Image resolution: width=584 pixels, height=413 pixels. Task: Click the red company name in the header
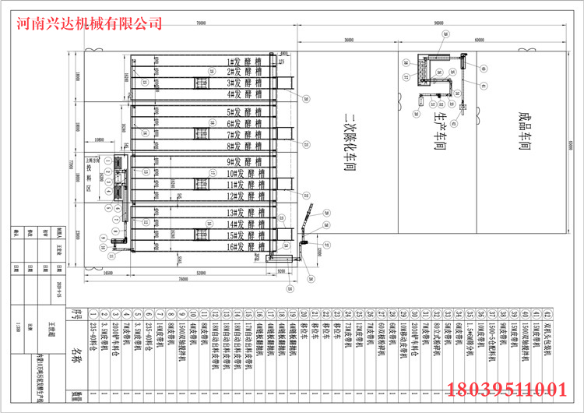(x=90, y=24)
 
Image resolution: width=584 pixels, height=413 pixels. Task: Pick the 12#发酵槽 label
(x=242, y=196)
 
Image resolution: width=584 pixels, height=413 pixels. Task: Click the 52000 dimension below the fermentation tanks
(x=202, y=272)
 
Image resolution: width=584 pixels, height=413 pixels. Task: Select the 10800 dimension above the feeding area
(x=100, y=140)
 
